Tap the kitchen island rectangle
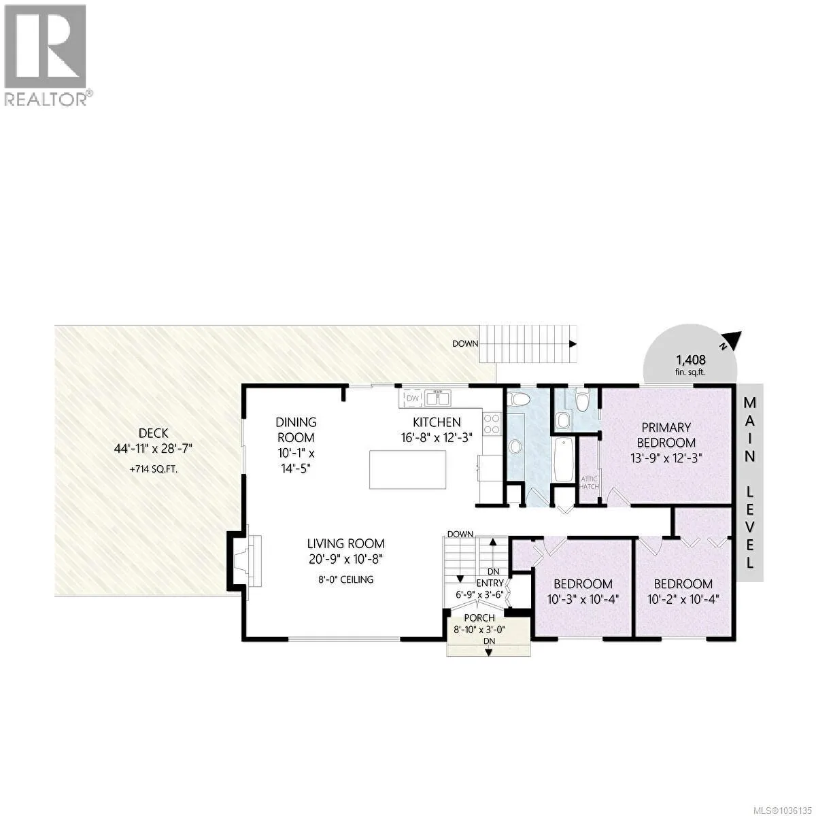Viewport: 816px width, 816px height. pos(407,470)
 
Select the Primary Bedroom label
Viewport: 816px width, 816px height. pos(666,435)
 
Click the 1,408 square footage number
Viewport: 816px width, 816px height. pos(691,360)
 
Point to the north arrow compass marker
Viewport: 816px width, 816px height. pos(730,341)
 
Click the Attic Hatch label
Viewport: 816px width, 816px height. pos(589,482)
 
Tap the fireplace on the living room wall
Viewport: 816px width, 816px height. pos(245,561)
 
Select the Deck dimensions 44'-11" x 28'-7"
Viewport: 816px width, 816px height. pos(153,448)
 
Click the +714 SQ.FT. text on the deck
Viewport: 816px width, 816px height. pos(153,469)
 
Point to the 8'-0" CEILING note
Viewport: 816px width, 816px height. pos(346,579)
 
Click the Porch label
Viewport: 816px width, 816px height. pos(479,618)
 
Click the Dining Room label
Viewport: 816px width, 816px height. pos(296,429)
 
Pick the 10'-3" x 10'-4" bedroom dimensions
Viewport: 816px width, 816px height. pos(583,599)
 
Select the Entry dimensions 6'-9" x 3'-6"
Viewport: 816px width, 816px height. pos(479,594)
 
